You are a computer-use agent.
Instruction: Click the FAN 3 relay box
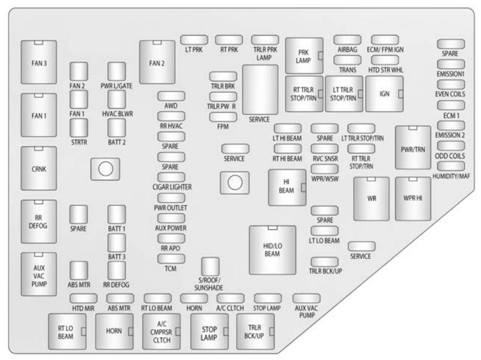pyautogui.click(x=39, y=62)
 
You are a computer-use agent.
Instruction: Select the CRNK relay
pyautogui.click(x=39, y=168)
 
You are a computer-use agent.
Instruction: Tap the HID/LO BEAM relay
pyautogui.click(x=272, y=250)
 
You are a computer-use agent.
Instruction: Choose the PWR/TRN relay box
pyautogui.click(x=413, y=147)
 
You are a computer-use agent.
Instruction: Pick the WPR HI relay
pyautogui.click(x=413, y=199)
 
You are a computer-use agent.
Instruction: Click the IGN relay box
pyautogui.click(x=384, y=93)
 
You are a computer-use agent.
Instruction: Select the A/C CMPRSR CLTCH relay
pyautogui.click(x=161, y=331)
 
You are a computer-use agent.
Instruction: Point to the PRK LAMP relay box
pyautogui.click(x=304, y=56)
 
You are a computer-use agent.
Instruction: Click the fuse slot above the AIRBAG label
pyautogui.click(x=347, y=40)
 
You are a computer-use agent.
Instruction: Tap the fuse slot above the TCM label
pyautogui.click(x=171, y=259)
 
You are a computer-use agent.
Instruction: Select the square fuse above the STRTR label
pyautogui.click(x=79, y=128)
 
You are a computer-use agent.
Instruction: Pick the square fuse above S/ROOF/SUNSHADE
pyautogui.click(x=210, y=267)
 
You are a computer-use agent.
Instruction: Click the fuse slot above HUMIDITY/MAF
pyautogui.click(x=450, y=166)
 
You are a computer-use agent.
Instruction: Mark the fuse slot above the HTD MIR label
pyautogui.click(x=83, y=298)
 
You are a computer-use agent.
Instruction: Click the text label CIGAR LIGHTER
pyautogui.click(x=172, y=187)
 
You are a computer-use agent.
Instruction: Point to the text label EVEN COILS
pyautogui.click(x=450, y=94)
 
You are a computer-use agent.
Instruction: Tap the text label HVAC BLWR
pyautogui.click(x=117, y=114)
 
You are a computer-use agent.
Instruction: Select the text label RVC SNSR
pyautogui.click(x=325, y=159)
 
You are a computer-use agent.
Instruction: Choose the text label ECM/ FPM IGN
pyautogui.click(x=385, y=50)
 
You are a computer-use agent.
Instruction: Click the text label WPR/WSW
pyautogui.click(x=325, y=179)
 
